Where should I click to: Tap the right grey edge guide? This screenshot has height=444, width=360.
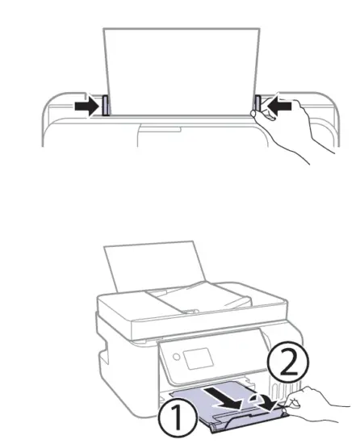tap(258, 103)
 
